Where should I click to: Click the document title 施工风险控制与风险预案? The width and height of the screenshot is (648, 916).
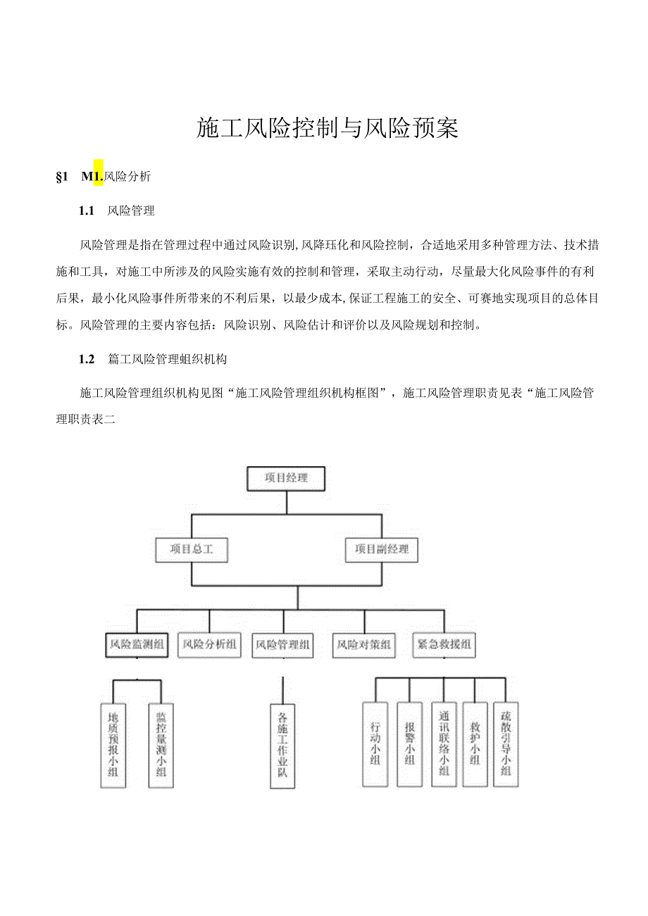point(328,129)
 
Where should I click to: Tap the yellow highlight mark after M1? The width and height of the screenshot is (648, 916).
point(99,173)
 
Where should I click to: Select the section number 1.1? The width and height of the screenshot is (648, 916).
point(87,211)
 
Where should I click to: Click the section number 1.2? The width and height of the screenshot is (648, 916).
point(87,359)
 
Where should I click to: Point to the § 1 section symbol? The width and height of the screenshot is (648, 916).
point(61,177)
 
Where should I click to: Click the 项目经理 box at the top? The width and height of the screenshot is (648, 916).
point(286,478)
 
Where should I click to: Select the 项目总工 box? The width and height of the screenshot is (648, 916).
point(192,550)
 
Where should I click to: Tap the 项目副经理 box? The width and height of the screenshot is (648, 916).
point(382,550)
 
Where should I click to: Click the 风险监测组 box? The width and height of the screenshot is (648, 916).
point(137,644)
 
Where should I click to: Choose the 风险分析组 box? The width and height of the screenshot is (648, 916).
point(209,644)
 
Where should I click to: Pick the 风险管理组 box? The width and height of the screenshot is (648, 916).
point(282,644)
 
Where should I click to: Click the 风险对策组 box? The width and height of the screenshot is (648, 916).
point(364,644)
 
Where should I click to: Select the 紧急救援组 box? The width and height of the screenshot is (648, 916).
point(444,644)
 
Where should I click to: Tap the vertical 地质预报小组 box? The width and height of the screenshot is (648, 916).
point(113,745)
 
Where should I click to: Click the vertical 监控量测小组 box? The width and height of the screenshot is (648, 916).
point(161,745)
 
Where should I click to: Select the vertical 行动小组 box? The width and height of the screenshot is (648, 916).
point(375,744)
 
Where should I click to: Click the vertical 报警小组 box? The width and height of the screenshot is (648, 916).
point(409,744)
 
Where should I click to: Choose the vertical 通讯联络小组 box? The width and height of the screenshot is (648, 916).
point(444,744)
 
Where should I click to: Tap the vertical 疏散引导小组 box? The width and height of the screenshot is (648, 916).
point(506,744)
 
